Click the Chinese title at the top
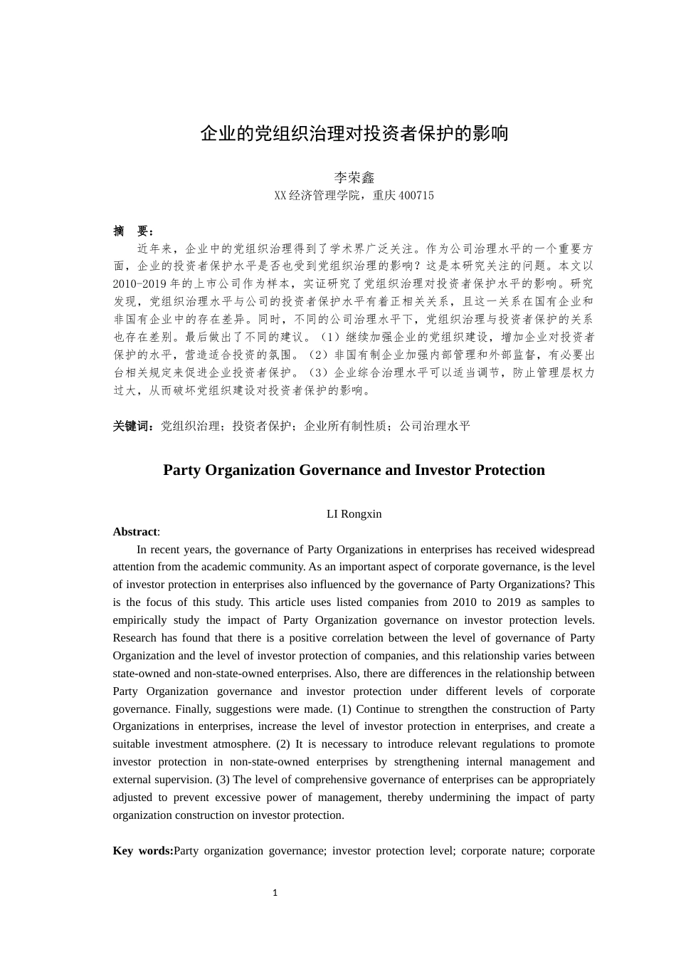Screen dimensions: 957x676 coord(354,133)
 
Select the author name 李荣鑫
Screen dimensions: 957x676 coord(354,177)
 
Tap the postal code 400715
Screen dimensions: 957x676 coord(416,195)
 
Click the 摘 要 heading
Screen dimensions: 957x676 coord(133,231)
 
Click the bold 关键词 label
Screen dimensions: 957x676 coord(133,426)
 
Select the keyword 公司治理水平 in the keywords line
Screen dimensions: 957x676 coord(435,426)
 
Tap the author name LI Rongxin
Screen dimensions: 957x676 coord(354,514)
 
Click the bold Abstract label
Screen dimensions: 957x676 coord(135,532)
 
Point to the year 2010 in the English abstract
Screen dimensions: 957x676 coord(464,602)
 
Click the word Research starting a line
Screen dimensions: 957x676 coord(135,638)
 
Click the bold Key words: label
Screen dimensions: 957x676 coord(142,851)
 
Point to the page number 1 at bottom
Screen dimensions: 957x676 coord(275,893)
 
